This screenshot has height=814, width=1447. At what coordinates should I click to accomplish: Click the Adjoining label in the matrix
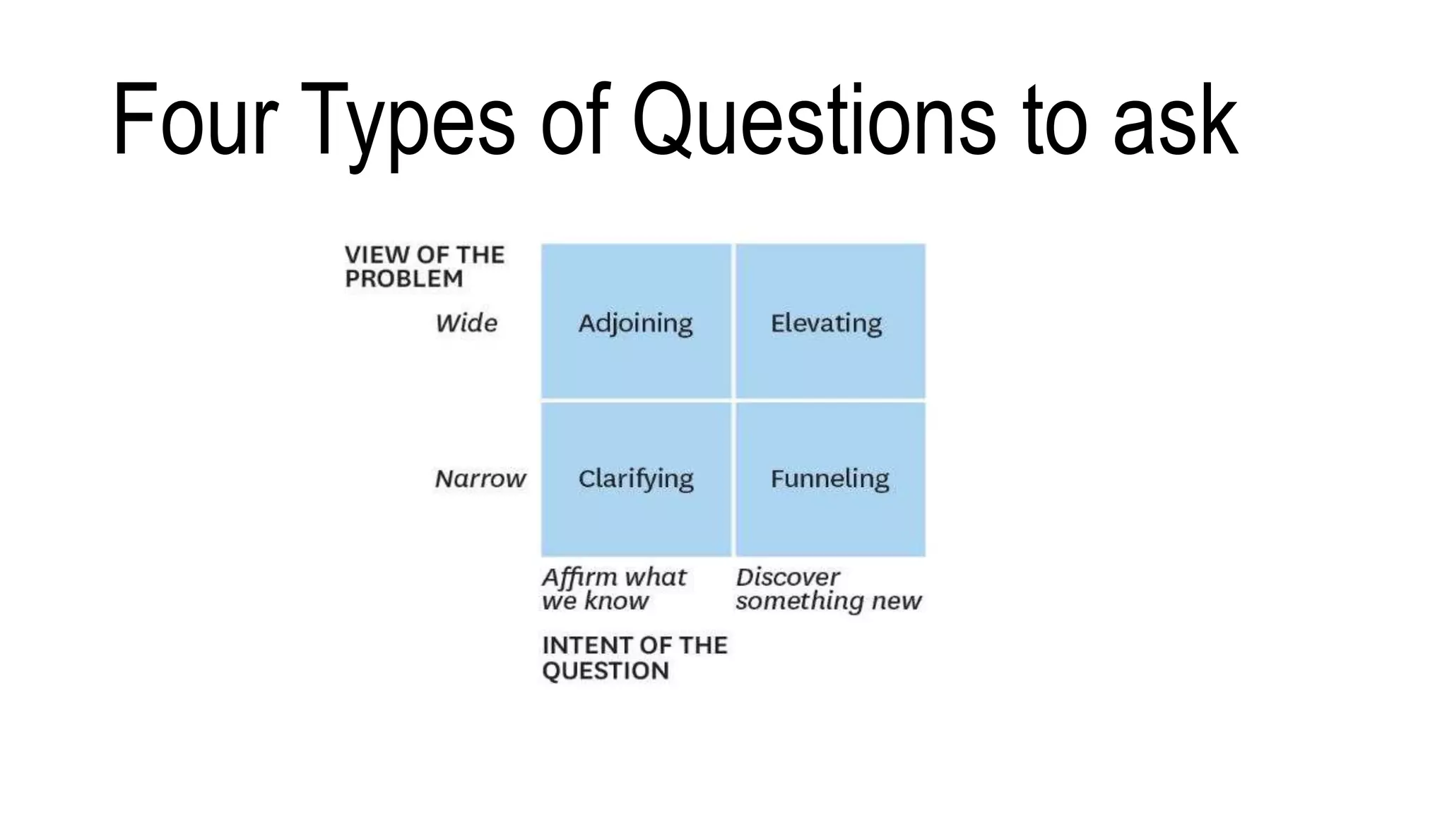tap(635, 324)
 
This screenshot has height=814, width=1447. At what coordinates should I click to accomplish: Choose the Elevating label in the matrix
tap(826, 324)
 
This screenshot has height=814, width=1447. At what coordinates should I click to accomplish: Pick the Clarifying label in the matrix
tap(635, 479)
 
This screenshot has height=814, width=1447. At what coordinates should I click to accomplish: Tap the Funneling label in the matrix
tap(829, 478)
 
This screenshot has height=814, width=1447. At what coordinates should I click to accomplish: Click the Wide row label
tap(466, 324)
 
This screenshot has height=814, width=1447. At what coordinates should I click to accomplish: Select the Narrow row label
tap(480, 479)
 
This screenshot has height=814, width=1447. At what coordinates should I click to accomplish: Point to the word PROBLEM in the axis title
tap(403, 279)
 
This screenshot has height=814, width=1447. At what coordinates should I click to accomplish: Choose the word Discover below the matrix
tap(787, 577)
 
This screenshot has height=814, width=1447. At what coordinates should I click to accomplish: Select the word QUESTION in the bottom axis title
tap(605, 671)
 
